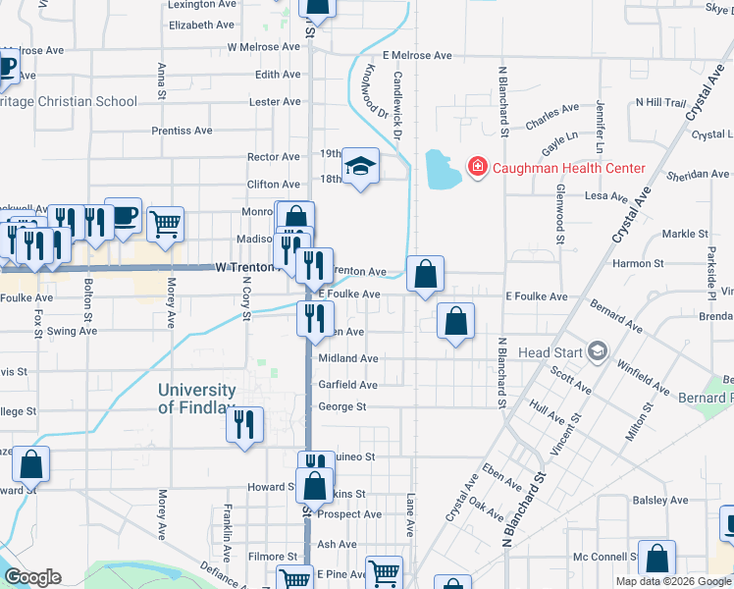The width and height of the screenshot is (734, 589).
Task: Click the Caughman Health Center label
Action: click(x=568, y=168)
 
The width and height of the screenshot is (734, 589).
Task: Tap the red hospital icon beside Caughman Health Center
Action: click(x=478, y=168)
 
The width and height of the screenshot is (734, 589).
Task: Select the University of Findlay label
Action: click(x=197, y=399)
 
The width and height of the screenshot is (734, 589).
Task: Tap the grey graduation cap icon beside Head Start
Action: click(x=597, y=351)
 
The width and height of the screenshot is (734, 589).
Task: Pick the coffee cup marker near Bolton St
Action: click(x=124, y=217)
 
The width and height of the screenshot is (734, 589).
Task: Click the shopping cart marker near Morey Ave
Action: click(x=165, y=225)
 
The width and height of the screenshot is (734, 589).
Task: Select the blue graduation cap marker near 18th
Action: click(x=361, y=168)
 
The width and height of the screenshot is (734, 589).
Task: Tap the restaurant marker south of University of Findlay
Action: click(x=243, y=425)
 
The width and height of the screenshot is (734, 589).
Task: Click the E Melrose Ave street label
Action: click(x=417, y=56)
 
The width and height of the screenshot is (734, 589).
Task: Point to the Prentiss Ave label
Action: click(x=182, y=131)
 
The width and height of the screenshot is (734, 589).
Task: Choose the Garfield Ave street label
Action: click(x=347, y=385)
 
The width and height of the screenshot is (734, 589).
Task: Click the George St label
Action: click(x=341, y=406)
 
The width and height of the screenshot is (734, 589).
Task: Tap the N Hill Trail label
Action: click(x=660, y=102)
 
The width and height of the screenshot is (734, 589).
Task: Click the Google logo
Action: click(x=33, y=577)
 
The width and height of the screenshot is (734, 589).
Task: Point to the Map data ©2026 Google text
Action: click(x=672, y=581)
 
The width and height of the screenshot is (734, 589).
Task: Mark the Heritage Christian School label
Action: click(x=68, y=101)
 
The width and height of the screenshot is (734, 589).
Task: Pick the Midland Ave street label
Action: click(x=347, y=358)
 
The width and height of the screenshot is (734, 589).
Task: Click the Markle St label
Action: click(x=685, y=234)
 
